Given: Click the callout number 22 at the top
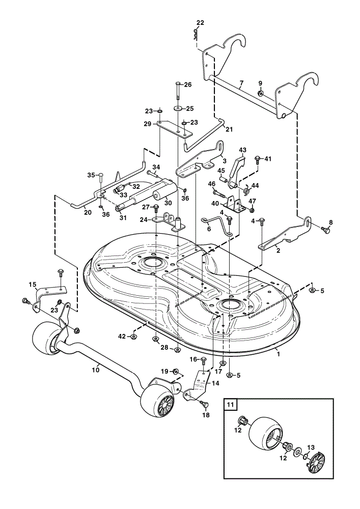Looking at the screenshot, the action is pyautogui.click(x=200, y=23).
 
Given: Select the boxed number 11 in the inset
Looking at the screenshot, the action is pyautogui.click(x=230, y=405).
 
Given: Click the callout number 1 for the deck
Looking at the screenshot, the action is pyautogui.click(x=278, y=354).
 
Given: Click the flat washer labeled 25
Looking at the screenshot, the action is pyautogui.click(x=178, y=108).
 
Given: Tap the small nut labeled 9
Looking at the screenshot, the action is pyautogui.click(x=260, y=94).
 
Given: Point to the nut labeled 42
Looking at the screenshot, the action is pyautogui.click(x=132, y=336).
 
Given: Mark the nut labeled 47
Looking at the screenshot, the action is pyautogui.click(x=252, y=210).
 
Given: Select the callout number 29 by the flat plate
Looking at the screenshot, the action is pyautogui.click(x=148, y=124).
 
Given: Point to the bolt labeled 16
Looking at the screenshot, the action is pyautogui.click(x=203, y=360).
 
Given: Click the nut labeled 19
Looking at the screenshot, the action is pyautogui.click(x=175, y=371).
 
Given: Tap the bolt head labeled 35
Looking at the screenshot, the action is pyautogui.click(x=101, y=176).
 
